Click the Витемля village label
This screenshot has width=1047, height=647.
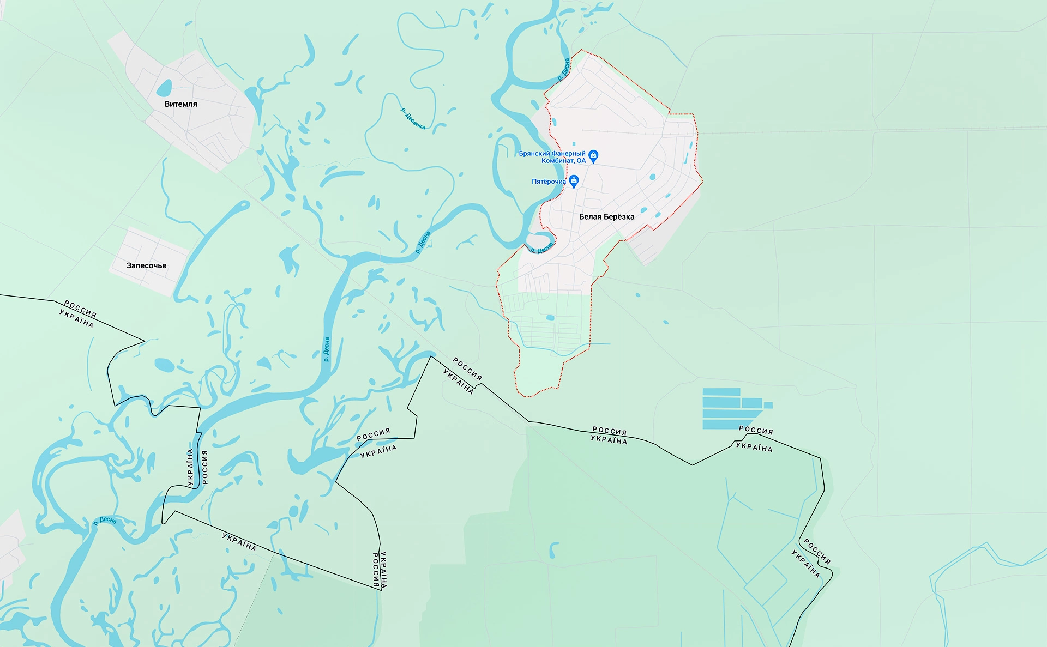click(180, 104)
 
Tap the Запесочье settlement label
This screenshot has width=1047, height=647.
click(146, 266)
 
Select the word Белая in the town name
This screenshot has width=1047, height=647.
click(591, 217)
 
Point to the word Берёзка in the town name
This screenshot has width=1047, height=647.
click(619, 217)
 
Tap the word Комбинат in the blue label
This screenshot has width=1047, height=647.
click(558, 161)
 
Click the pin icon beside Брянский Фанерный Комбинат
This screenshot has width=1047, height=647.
click(594, 156)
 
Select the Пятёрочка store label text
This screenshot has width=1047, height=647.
click(549, 182)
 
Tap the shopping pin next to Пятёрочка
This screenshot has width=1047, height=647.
click(574, 180)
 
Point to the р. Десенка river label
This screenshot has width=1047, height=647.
click(413, 118)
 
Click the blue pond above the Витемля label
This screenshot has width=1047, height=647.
click(164, 87)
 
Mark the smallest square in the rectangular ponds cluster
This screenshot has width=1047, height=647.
click(768, 405)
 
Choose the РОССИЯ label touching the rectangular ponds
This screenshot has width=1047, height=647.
click(756, 430)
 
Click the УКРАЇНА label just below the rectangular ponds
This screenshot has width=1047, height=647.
click(754, 447)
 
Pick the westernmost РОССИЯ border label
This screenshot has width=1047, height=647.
click(80, 309)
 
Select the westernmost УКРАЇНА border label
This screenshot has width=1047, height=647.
click(76, 318)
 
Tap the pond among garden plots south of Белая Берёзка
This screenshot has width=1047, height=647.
click(550, 318)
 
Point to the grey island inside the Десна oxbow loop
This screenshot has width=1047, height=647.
click(539, 240)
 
